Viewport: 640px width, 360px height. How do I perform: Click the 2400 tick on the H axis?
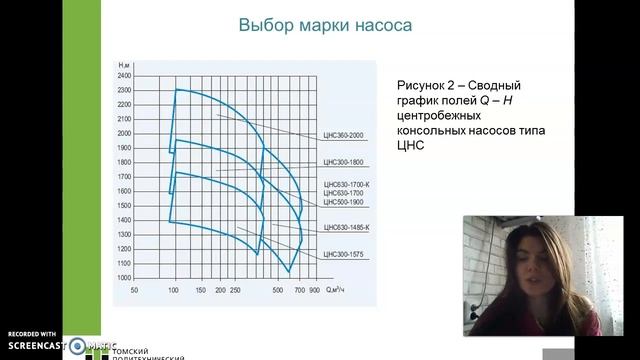click(x=124, y=76)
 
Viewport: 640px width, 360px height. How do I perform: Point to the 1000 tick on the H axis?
click(x=124, y=277)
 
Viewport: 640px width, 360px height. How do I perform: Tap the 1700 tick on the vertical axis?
click(x=124, y=176)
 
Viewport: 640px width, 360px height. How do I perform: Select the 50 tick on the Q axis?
click(x=134, y=290)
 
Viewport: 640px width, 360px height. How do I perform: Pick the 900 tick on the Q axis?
click(x=314, y=290)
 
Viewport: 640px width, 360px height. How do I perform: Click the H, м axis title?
click(x=124, y=65)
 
